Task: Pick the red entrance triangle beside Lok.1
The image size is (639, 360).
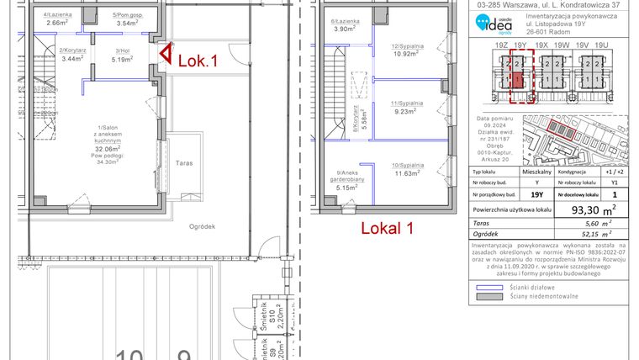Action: pos(166,56)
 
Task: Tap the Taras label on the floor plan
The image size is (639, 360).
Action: pos(186,163)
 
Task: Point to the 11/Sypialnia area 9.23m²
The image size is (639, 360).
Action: pos(405,110)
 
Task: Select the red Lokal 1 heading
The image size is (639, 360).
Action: pos(388,228)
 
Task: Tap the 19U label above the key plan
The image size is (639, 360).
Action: pos(600,44)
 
